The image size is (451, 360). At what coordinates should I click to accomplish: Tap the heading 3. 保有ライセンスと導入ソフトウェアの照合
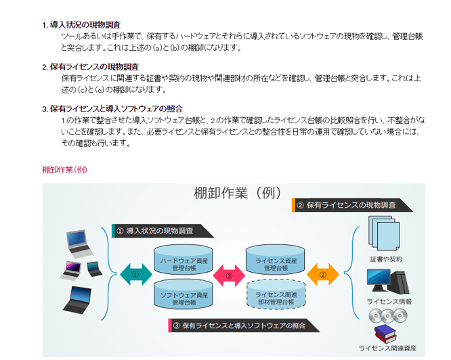tap(112, 108)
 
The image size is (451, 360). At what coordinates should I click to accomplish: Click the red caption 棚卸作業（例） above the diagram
tap(64, 169)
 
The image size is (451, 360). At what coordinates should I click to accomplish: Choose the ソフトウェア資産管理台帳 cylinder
tap(184, 296)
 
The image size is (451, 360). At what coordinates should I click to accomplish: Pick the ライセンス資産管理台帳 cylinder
tap(276, 261)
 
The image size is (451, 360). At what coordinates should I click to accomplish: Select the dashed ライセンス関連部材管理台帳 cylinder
tap(276, 296)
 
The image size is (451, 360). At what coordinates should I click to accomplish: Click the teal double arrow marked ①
tap(135, 275)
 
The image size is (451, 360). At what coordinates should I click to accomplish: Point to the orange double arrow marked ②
tap(323, 275)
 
